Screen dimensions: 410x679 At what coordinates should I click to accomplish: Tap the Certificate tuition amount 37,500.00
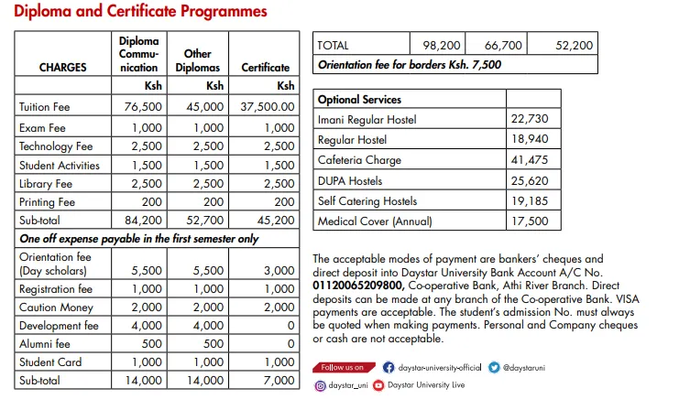[x=268, y=106]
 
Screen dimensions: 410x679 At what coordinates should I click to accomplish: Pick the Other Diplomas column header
[x=199, y=60]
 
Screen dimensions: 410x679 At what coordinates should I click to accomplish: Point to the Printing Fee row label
[x=47, y=202]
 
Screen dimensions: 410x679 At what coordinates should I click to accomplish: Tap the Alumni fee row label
[x=45, y=343]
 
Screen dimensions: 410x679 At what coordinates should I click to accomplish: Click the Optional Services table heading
[x=359, y=99]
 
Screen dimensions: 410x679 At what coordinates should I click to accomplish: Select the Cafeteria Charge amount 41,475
[x=529, y=160]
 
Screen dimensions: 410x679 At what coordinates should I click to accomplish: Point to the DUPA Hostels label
[x=350, y=180]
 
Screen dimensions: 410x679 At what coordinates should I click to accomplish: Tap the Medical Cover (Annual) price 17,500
[x=529, y=221]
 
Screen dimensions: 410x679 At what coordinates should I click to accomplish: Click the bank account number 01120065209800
[x=356, y=285]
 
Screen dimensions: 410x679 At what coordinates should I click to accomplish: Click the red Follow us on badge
[x=343, y=367]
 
